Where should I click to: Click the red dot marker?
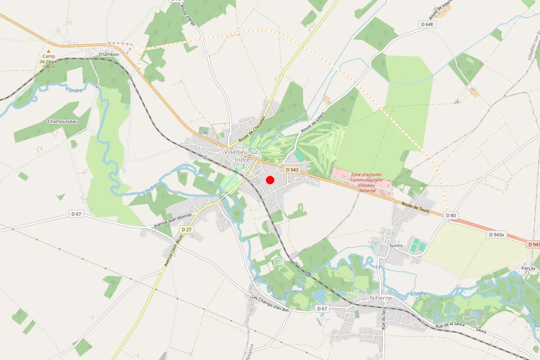270,180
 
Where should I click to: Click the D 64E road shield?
427,24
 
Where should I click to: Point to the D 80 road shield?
451,216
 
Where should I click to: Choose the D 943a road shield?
497,234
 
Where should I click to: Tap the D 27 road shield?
186,229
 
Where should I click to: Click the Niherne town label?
380,298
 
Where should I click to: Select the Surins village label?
395,246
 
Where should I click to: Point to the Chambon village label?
109,54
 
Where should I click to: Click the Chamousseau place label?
63,121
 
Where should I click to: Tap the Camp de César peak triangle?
49,51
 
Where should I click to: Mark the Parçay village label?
528,268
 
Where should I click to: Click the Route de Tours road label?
415,208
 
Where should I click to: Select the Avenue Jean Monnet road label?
173,220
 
